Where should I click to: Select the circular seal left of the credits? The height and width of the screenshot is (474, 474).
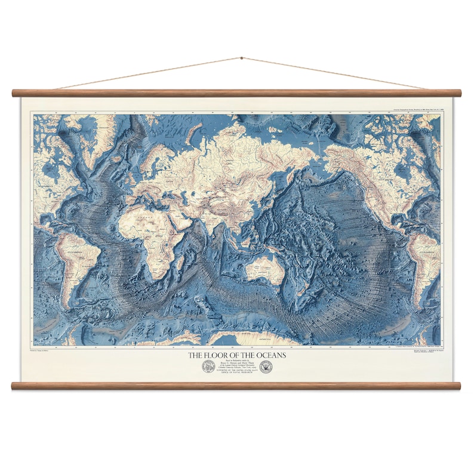[208, 367]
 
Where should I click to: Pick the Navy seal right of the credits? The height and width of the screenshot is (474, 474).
[266, 367]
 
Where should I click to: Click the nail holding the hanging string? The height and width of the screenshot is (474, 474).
[241, 59]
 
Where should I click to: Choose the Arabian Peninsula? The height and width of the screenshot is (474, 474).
[178, 215]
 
